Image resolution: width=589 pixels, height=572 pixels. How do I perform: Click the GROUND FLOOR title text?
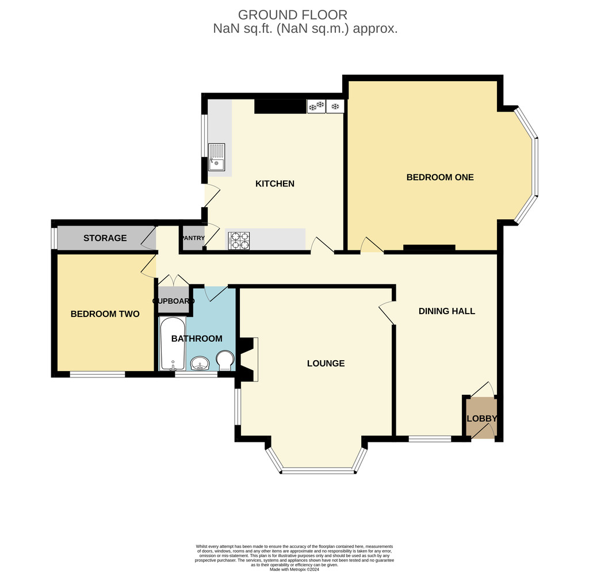tap(293, 15)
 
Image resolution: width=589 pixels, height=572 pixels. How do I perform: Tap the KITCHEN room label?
tap(274, 184)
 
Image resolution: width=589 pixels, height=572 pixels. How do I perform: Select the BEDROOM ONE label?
tap(440, 177)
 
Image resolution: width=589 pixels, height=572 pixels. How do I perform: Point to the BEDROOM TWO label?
tap(105, 314)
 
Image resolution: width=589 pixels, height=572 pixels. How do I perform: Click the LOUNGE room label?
tap(326, 364)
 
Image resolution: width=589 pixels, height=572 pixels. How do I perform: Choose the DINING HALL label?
tap(446, 311)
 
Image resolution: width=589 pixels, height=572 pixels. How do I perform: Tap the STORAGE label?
tap(105, 238)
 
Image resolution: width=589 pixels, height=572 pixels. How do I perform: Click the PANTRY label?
tap(193, 238)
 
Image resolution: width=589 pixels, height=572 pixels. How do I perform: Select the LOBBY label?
tap(481, 419)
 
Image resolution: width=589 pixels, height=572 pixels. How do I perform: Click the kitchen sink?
tap(216, 157)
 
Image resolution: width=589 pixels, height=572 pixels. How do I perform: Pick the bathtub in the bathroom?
tap(173, 344)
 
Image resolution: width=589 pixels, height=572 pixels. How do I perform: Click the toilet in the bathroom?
tap(225, 361)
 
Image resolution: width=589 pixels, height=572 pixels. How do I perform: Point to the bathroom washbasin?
tap(200, 364)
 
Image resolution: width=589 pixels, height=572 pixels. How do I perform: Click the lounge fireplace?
tap(248, 359)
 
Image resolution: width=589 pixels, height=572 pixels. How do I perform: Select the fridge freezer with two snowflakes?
tap(316, 106)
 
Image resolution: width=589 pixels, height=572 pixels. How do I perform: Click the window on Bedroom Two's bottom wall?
tap(97, 374)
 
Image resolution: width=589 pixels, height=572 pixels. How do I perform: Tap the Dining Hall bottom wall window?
tap(430, 438)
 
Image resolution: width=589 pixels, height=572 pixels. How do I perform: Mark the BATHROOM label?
tap(197, 338)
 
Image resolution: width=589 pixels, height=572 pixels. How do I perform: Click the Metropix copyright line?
tap(294, 569)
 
